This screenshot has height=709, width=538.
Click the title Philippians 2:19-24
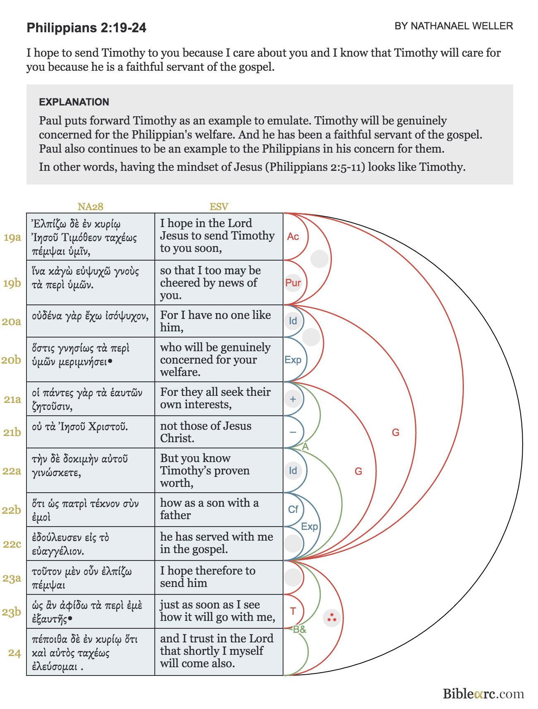[86, 28]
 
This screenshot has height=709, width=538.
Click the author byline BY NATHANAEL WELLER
[454, 26]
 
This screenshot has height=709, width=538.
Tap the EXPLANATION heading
[74, 102]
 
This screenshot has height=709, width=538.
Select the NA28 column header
[90, 206]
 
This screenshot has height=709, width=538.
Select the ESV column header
[219, 206]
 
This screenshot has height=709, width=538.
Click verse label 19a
[12, 237]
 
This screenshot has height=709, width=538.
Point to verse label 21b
[12, 432]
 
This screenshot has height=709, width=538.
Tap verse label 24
[14, 653]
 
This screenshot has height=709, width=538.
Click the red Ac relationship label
[293, 237]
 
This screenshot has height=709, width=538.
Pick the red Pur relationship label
[293, 283]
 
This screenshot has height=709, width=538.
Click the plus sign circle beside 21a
[293, 399]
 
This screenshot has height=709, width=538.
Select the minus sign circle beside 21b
[293, 432]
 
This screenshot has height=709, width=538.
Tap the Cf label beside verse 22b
[293, 509]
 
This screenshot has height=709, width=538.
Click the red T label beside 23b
[293, 611]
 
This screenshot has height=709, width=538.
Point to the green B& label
[300, 630]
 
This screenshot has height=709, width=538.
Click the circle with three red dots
[331, 618]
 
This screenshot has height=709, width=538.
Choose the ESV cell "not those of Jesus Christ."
[219, 432]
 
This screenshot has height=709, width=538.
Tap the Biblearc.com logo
[483, 694]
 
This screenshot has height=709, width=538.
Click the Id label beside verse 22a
[293, 470]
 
